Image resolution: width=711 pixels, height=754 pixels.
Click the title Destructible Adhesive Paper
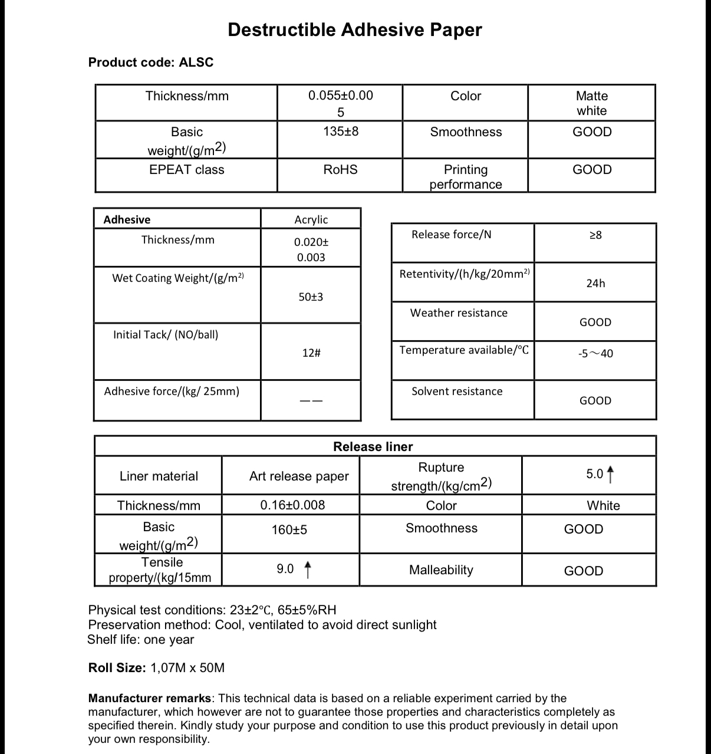(355, 29)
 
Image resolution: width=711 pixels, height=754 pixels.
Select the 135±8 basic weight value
(341, 131)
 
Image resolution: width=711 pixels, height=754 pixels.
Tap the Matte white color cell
(592, 103)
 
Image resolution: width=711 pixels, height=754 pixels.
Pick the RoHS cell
(341, 170)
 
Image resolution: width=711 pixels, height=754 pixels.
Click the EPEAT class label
(187, 170)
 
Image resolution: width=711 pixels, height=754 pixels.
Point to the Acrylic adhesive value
(311, 219)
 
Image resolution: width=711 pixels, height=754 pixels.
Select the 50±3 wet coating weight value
(311, 297)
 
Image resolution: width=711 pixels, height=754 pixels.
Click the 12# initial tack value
(311, 353)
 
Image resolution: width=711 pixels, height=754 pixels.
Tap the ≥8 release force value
(595, 235)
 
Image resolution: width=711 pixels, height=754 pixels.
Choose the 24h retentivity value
(595, 284)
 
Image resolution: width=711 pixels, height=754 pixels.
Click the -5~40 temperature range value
(595, 354)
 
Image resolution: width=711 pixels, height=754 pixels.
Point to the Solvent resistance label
(457, 391)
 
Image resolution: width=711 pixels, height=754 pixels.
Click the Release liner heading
(373, 447)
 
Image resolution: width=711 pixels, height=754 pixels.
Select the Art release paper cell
(299, 476)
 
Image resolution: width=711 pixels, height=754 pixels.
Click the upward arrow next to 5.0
(610, 474)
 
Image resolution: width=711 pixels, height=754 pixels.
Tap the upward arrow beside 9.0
(307, 569)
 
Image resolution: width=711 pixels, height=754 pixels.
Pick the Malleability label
(441, 570)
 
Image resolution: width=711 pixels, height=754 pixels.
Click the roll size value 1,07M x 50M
(187, 668)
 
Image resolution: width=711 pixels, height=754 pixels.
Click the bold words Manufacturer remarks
(150, 699)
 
